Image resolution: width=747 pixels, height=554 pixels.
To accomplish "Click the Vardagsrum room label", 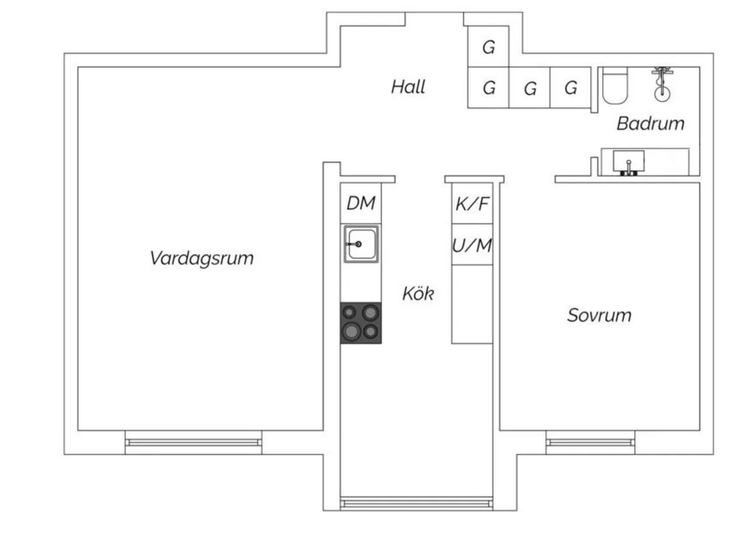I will [202, 258].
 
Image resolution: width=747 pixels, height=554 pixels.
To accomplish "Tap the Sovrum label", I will [599, 315].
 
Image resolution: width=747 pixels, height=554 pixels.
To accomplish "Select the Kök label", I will [418, 294].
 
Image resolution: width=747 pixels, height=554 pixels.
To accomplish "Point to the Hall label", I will [408, 87].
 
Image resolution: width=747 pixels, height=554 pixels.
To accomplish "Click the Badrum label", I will [651, 123].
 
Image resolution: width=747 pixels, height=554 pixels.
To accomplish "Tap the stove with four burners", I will [361, 322].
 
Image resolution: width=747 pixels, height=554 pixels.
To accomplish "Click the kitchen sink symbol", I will [361, 244].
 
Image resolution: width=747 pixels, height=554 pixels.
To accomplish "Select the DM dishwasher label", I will [361, 203].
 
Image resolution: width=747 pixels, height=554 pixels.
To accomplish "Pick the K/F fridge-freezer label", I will [472, 204].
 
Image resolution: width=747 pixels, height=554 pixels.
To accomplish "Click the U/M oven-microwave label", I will [472, 246].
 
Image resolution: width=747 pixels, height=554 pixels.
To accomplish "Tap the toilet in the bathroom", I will [616, 87].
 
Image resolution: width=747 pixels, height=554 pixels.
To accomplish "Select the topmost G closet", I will [489, 47].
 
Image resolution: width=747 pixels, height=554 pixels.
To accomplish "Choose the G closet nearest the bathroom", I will [571, 88].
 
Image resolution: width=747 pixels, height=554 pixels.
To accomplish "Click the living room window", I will [193, 442].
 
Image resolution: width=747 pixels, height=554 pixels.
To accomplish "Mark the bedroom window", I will [590, 442].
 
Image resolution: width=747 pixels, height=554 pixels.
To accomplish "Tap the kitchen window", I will [416, 503].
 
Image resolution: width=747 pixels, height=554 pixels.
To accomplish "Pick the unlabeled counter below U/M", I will [472, 304].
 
